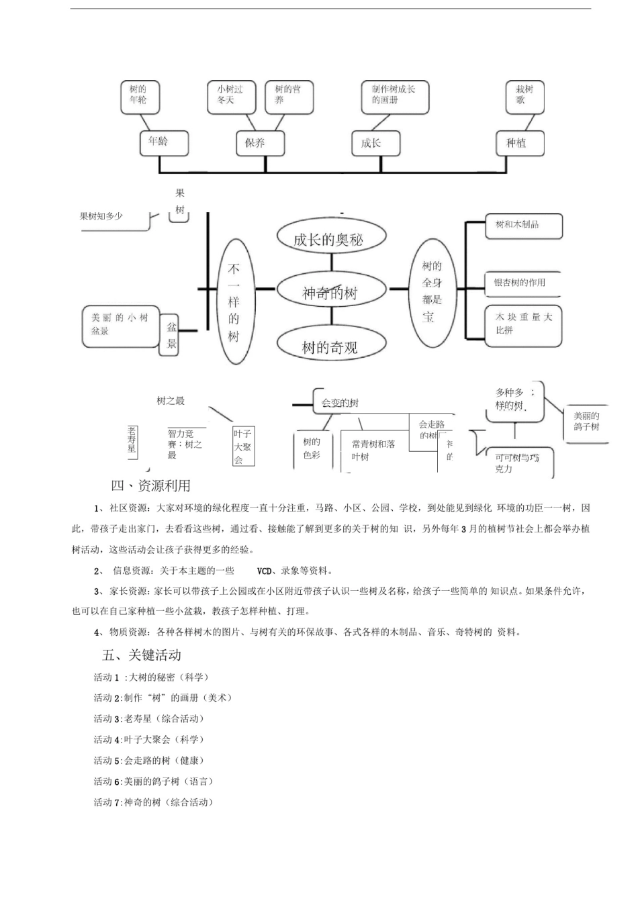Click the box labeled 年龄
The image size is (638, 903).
click(163, 142)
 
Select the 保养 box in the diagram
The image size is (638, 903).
click(261, 143)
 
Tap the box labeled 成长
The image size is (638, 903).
click(376, 143)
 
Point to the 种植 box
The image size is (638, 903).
click(520, 143)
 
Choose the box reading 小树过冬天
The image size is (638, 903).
click(231, 95)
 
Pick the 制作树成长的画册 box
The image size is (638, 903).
click(394, 95)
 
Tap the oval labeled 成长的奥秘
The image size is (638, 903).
click(330, 238)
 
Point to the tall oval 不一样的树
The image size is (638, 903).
click(234, 302)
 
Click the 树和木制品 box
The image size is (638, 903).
click(524, 226)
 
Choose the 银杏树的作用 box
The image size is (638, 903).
click(522, 283)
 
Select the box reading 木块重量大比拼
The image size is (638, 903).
click(524, 324)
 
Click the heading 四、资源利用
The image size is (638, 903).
click(151, 485)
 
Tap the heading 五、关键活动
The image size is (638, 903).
click(142, 655)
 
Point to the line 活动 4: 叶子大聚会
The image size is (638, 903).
click(148, 740)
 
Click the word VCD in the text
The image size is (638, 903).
click(265, 571)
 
